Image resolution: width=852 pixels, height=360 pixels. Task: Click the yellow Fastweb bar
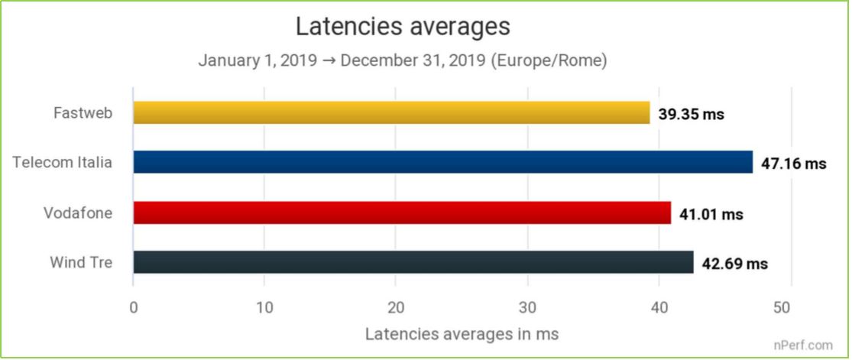click(391, 112)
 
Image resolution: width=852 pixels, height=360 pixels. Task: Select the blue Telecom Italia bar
click(443, 162)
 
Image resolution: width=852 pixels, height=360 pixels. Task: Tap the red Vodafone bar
click(402, 212)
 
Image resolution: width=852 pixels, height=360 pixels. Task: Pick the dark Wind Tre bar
click(413, 262)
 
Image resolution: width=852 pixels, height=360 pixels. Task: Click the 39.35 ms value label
click(692, 115)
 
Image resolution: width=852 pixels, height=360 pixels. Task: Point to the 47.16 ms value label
click(794, 164)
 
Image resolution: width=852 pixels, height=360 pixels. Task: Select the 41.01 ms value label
click(711, 215)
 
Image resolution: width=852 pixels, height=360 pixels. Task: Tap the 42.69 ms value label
click(734, 264)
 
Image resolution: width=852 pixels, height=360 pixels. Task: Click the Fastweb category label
click(83, 113)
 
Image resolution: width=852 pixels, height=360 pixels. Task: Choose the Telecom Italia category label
click(63, 163)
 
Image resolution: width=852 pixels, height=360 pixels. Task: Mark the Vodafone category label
click(78, 213)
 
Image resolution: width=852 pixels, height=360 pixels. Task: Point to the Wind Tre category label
click(81, 263)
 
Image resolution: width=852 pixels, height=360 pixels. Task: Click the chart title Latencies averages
click(403, 27)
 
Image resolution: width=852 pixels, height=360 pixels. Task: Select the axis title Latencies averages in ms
click(462, 334)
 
